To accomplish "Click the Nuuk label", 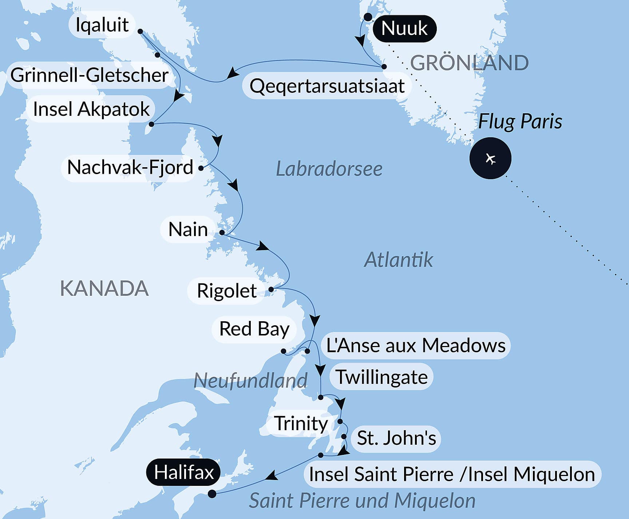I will point(404,28).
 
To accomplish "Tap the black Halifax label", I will point(183,472).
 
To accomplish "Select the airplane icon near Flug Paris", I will point(490,158).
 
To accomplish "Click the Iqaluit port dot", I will point(141,31).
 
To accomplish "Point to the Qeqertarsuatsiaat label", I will point(327,86).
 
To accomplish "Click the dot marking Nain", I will point(222,232).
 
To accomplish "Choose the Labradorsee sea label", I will point(329,169).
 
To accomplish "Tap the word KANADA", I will point(104,288).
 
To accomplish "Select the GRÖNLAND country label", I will point(469,63).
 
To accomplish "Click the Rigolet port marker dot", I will point(271,290).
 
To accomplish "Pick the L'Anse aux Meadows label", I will point(416,345).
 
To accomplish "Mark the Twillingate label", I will point(381,377).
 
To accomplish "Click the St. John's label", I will point(396,438).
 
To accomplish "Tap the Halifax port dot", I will point(212,494).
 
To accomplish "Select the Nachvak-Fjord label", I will point(130,167).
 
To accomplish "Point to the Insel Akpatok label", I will point(91,109).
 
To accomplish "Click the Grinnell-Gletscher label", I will point(89,75).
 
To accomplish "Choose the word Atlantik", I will point(398,260).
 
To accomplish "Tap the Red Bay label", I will point(254,329).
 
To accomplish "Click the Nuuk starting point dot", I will point(368,17).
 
